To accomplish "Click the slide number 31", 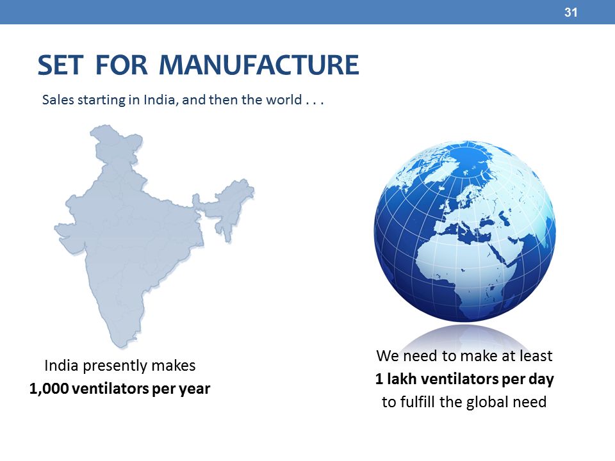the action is pyautogui.click(x=571, y=13).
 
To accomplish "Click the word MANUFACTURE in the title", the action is pyautogui.click(x=259, y=65).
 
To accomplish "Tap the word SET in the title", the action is pyautogui.click(x=60, y=65).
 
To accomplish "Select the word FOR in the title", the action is pyautogui.click(x=122, y=65).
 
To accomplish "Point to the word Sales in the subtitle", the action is pyautogui.click(x=58, y=100).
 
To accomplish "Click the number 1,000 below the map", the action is pyautogui.click(x=49, y=389).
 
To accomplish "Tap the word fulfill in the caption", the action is pyautogui.click(x=417, y=402).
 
